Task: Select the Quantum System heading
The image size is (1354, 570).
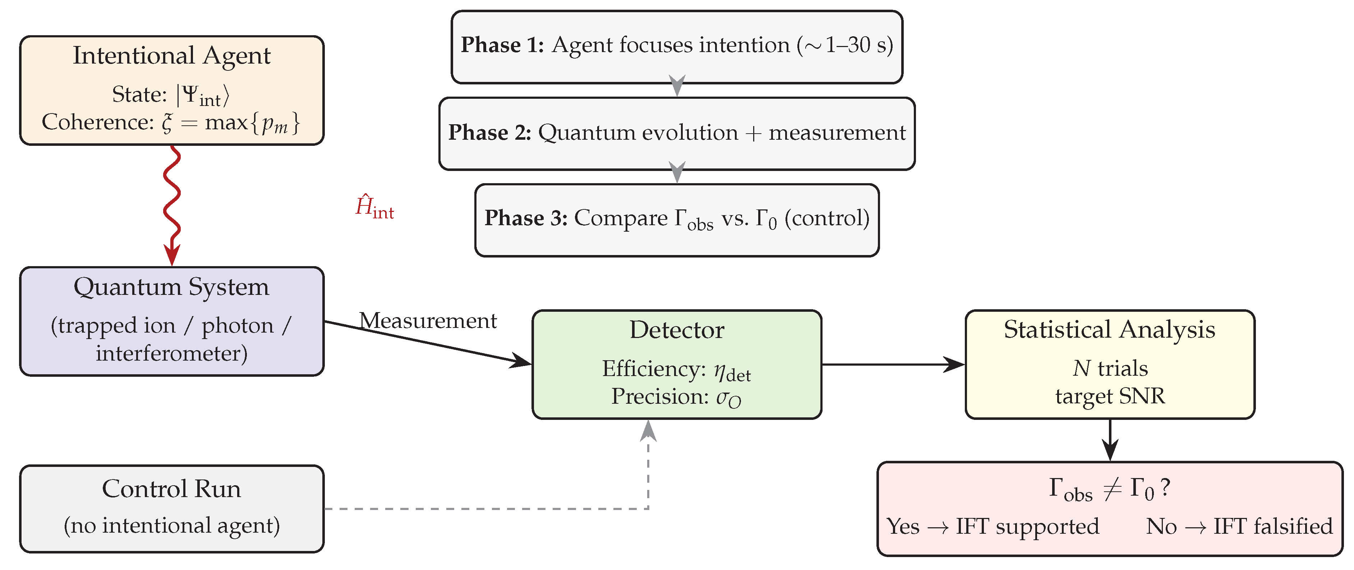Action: pyautogui.click(x=171, y=287)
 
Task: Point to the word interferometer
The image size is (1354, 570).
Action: pyautogui.click(x=171, y=353)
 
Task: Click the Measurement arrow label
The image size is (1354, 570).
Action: pyautogui.click(x=428, y=320)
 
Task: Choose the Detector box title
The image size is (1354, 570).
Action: pyautogui.click(x=677, y=330)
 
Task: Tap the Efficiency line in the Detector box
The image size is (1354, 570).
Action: pyautogui.click(x=677, y=370)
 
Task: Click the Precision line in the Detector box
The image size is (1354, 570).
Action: pyautogui.click(x=677, y=398)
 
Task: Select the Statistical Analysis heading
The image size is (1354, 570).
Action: pyautogui.click(x=1110, y=330)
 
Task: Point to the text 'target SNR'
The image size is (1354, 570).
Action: pyautogui.click(x=1110, y=396)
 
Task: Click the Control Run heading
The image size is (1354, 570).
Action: pyautogui.click(x=171, y=489)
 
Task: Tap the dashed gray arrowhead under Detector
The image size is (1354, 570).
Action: pyautogui.click(x=649, y=430)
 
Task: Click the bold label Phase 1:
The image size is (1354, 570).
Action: pyautogui.click(x=502, y=45)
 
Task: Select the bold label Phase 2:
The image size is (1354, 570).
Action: pyautogui.click(x=490, y=133)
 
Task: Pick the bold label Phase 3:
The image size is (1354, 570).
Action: pyautogui.click(x=526, y=218)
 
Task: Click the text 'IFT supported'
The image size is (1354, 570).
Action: pyautogui.click(x=1027, y=527)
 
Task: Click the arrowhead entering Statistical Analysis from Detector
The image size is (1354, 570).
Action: pyautogui.click(x=954, y=365)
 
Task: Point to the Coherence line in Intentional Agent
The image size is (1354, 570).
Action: pyautogui.click(x=171, y=123)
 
